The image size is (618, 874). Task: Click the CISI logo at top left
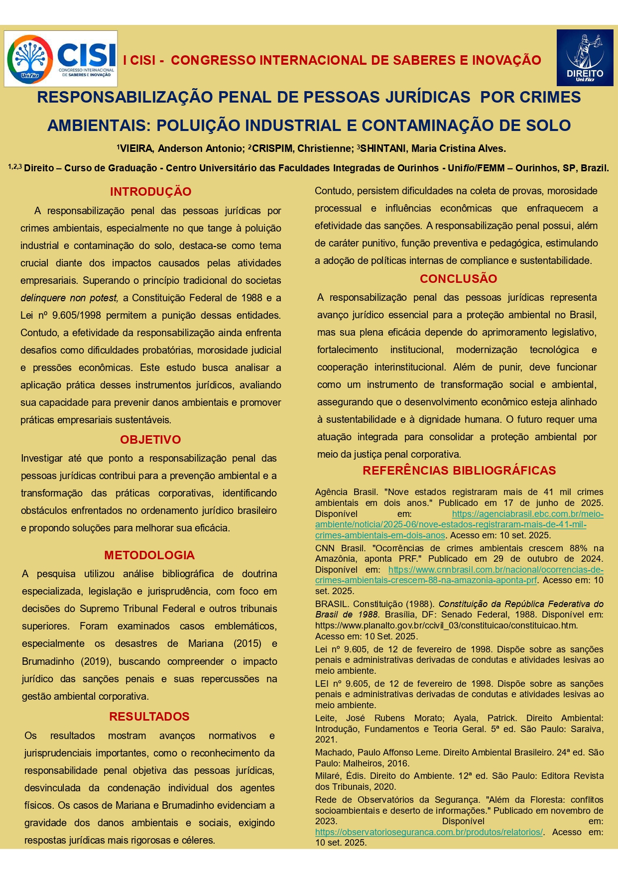pos(61,59)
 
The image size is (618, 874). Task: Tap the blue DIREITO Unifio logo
pos(585,58)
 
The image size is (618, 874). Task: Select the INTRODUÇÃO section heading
pos(150,192)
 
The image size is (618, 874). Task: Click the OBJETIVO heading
pos(150,440)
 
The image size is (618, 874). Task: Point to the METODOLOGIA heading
pos(149,555)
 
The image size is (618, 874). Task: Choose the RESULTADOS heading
pos(149,717)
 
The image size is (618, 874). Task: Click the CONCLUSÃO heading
pos(458,279)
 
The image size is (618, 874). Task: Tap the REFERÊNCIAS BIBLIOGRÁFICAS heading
pos(459,471)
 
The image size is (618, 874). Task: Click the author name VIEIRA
pos(136,148)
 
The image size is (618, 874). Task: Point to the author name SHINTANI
pos(383,148)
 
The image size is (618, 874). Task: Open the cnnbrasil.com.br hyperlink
pos(495,570)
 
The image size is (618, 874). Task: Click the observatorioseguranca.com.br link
pos(429,832)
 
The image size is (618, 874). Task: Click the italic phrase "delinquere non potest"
pos(69,298)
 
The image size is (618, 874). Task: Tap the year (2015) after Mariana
pos(247,643)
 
